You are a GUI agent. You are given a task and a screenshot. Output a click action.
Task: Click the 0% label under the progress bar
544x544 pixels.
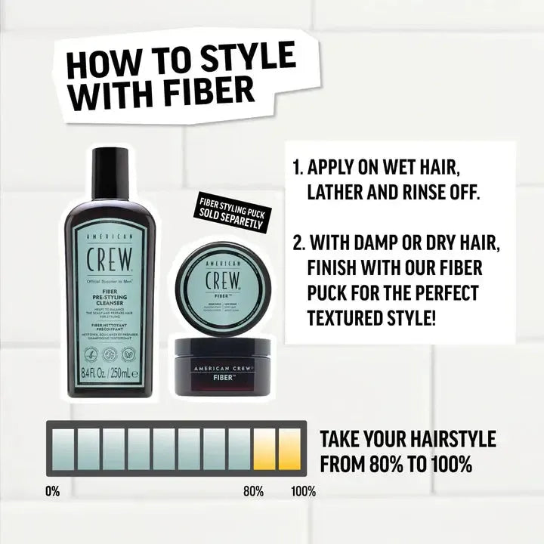[x=52, y=491]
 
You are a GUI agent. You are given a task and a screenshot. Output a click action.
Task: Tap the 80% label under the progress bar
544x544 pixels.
[x=253, y=491]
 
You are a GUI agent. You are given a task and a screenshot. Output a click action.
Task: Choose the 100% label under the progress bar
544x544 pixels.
[x=303, y=491]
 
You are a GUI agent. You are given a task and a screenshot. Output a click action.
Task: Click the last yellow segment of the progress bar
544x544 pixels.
[x=289, y=450]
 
